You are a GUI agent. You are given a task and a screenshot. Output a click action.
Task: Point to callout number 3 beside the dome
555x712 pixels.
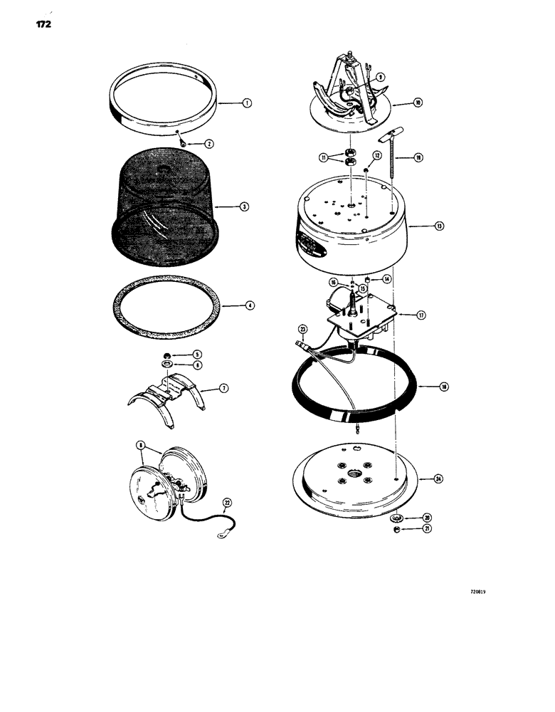tap(243, 207)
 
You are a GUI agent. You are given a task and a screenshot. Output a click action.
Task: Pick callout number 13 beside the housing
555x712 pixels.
tap(440, 226)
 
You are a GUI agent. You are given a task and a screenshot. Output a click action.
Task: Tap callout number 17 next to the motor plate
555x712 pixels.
tap(422, 314)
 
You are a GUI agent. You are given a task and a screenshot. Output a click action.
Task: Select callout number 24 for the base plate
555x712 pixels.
tap(438, 479)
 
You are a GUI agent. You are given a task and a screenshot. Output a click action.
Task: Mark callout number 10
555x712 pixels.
tap(418, 103)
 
